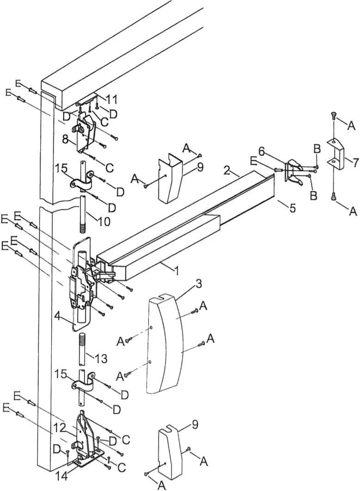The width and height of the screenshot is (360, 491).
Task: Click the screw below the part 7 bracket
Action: tap(334, 196)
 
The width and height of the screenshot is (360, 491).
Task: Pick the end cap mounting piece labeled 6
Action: tap(293, 172)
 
